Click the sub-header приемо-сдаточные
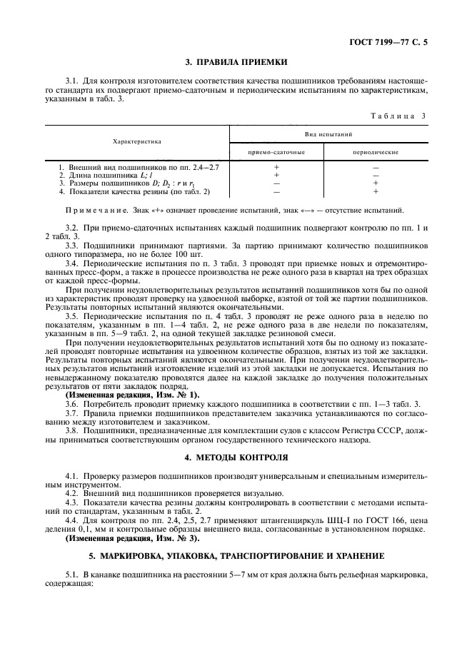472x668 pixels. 276,153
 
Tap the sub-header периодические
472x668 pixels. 375,153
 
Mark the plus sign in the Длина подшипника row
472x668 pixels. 276,175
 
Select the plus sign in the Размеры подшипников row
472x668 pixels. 375,183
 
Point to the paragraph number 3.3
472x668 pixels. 71,244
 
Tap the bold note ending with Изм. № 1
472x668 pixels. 133,395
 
